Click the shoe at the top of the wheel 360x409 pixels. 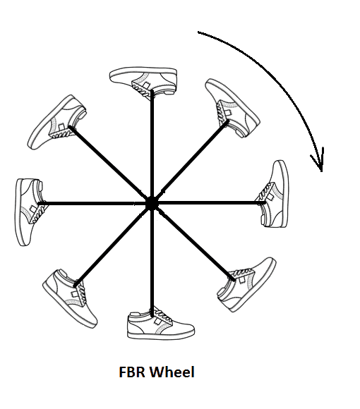click(x=143, y=83)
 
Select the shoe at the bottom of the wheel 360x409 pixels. click(x=160, y=324)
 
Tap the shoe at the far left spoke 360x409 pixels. click(x=30, y=212)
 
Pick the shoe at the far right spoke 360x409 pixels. click(x=275, y=195)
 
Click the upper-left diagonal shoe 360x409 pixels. click(x=56, y=123)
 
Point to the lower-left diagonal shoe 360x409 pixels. click(x=71, y=298)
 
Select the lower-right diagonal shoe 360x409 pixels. click(x=246, y=284)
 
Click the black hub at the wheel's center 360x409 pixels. click(x=152, y=204)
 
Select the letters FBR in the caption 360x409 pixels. click(x=131, y=372)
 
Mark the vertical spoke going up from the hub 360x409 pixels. click(x=152, y=147)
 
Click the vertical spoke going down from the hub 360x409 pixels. click(x=152, y=260)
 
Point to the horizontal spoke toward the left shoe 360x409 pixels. click(x=95, y=203)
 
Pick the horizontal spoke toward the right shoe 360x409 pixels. click(x=208, y=202)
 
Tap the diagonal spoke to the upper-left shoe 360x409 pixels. click(x=111, y=165)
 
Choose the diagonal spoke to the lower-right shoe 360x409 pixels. click(x=193, y=242)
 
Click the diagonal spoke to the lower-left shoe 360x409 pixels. click(x=113, y=245)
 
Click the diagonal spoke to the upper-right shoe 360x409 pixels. click(x=190, y=162)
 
